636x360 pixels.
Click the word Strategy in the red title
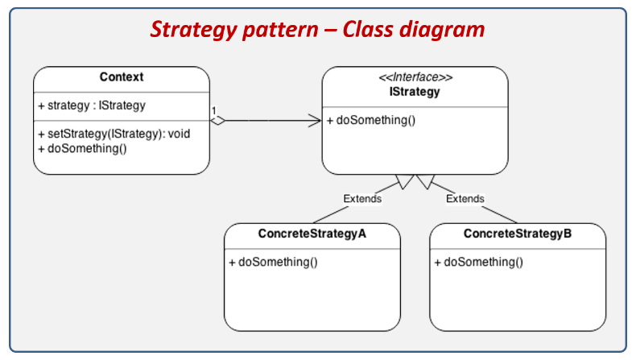(194, 30)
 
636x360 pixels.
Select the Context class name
(122, 77)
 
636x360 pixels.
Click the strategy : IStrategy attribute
(92, 106)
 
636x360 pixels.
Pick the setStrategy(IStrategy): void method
(114, 134)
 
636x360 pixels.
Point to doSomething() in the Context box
(82, 148)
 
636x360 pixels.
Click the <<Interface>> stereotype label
(415, 77)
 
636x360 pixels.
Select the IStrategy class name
(415, 92)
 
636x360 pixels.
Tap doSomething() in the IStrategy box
(371, 120)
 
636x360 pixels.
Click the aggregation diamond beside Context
(218, 121)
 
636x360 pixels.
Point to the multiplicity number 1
(214, 110)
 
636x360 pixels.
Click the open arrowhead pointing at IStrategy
(315, 121)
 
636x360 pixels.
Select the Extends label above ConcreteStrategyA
(362, 199)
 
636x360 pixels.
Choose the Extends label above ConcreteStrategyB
(465, 199)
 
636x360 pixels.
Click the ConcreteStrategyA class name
(312, 234)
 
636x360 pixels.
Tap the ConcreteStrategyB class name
(518, 234)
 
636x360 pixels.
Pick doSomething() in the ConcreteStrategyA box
(273, 263)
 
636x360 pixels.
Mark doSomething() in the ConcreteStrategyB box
(479, 263)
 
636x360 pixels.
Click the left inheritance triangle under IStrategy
(404, 182)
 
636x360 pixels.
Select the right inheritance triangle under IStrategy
(426, 182)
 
